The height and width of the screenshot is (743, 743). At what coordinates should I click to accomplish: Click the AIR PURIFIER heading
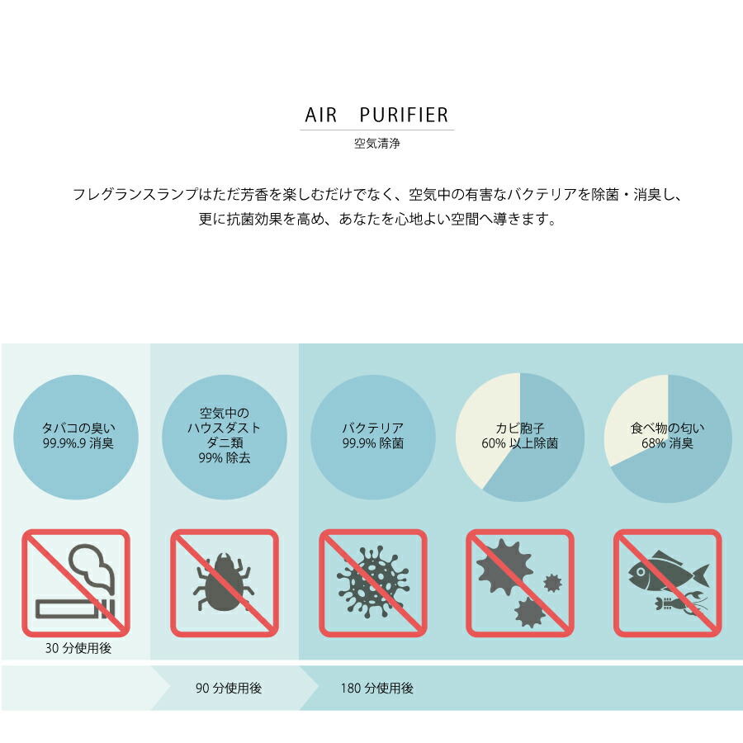pos(376,115)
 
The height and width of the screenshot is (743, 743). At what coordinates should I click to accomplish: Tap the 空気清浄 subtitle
pos(376,143)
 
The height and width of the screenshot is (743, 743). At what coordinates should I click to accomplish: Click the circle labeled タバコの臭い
pos(76,437)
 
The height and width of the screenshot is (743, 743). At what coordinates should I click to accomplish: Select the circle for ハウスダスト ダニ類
pos(224,437)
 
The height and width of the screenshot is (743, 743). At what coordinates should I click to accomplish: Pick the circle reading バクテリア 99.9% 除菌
pos(373,437)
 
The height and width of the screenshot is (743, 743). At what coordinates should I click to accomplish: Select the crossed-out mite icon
pos(224,583)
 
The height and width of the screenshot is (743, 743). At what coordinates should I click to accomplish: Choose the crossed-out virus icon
pos(373,583)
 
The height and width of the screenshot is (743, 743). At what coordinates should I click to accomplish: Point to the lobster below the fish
pos(681,603)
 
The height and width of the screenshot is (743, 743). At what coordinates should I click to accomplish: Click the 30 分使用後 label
pos(78,648)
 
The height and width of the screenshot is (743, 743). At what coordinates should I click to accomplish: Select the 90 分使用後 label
pos(229,688)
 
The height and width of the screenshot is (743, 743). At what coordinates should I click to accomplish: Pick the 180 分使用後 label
pos(376,688)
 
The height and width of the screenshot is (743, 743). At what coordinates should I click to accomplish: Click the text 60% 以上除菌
pos(520,443)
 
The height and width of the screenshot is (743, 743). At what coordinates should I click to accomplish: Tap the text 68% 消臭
pos(667,443)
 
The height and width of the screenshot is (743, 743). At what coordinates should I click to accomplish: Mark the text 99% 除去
pos(224,457)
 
